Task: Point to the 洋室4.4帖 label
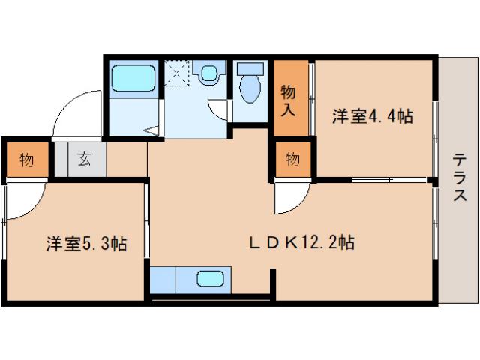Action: pyautogui.click(x=373, y=116)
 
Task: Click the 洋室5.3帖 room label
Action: pyautogui.click(x=85, y=244)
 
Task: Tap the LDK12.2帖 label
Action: pyautogui.click(x=301, y=242)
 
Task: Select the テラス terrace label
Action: pyautogui.click(x=459, y=178)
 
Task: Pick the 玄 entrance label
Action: pyautogui.click(x=82, y=159)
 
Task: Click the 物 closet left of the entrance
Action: pyautogui.click(x=26, y=160)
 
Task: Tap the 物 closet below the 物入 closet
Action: pyautogui.click(x=292, y=159)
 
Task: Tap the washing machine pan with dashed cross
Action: pyautogui.click(x=178, y=73)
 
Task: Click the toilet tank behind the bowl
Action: pyautogui.click(x=250, y=68)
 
